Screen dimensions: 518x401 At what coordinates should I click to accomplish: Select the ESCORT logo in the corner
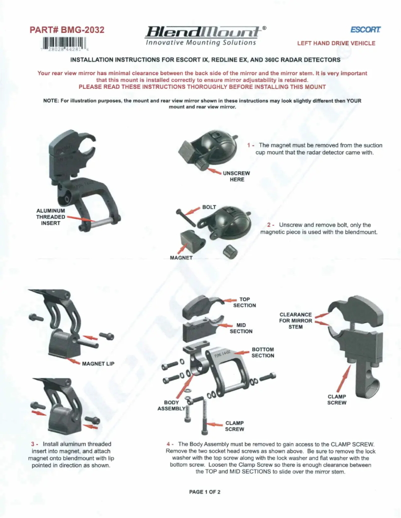pos(365,30)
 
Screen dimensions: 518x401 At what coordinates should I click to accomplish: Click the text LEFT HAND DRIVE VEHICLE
pos(336,43)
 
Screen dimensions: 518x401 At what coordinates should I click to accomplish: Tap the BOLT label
pos(209,207)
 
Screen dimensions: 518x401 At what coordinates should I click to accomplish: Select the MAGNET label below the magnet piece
pos(181,258)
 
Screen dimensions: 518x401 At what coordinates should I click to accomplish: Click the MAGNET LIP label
pos(98,363)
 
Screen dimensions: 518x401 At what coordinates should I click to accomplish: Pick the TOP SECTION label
pos(244,302)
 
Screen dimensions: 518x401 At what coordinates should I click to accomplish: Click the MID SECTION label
pos(241,328)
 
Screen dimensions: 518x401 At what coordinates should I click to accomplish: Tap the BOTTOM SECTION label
pos(262,352)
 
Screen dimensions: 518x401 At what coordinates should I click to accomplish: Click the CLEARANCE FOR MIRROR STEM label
pos(295,321)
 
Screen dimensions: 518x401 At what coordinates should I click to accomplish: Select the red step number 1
pos(248,145)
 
